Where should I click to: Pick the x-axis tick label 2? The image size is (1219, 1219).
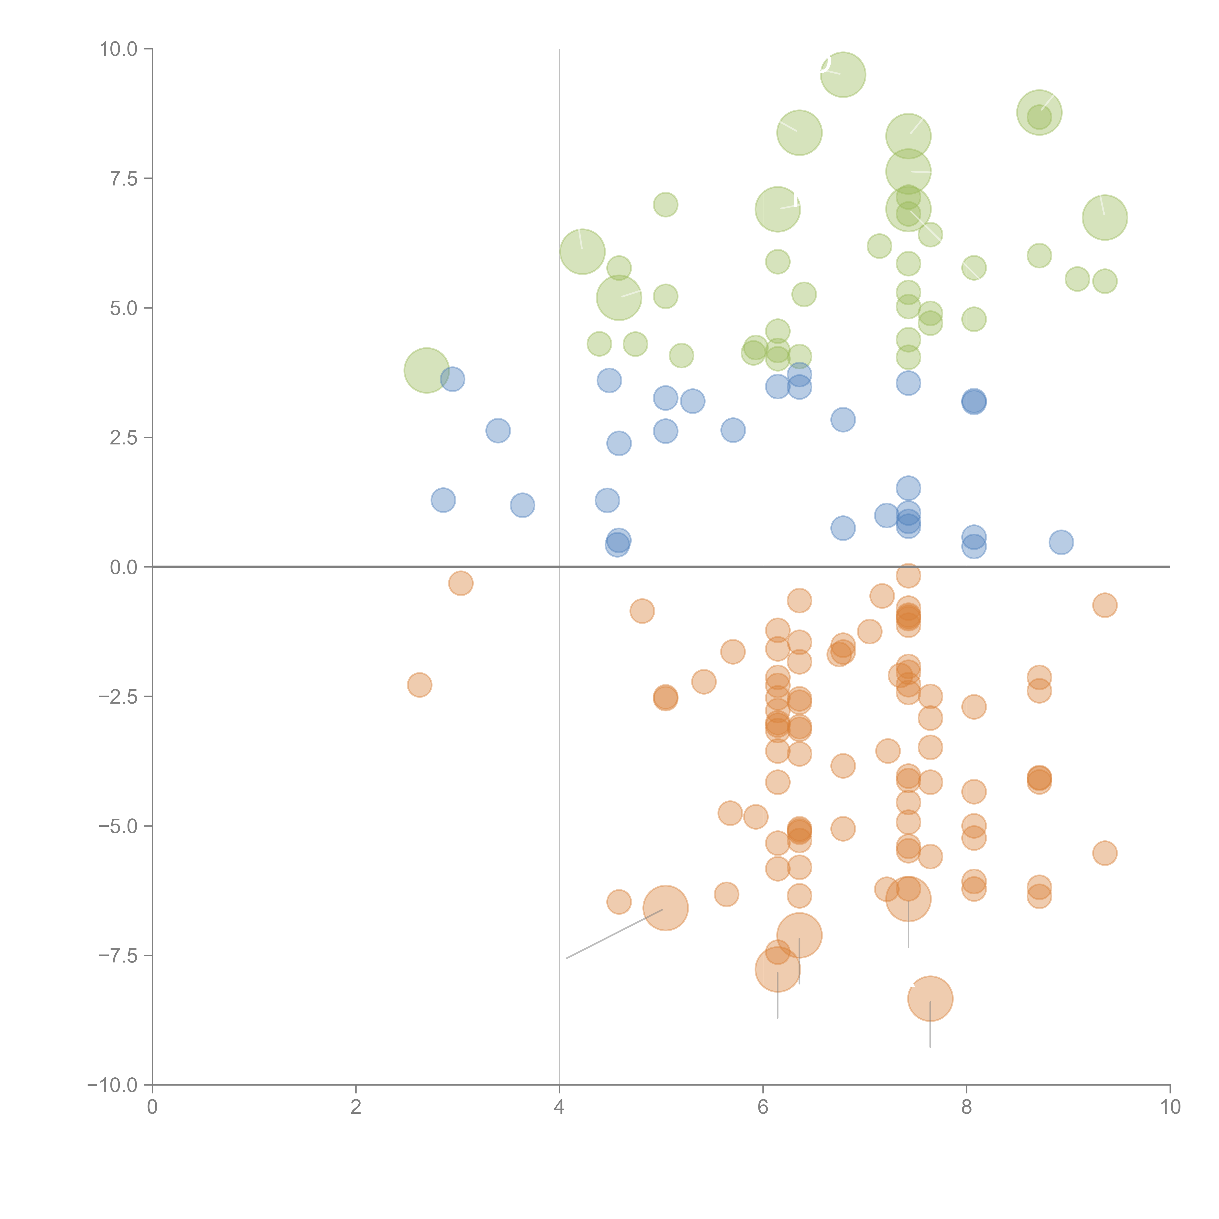click(356, 1107)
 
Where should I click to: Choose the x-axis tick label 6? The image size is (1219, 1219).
click(763, 1107)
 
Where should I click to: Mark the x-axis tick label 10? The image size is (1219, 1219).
click(1170, 1107)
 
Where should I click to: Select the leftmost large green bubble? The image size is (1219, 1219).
click(427, 370)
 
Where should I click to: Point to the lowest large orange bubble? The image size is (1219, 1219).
click(930, 998)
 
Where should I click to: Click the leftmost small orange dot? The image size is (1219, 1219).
click(420, 685)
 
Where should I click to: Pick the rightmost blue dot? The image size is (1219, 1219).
click(1061, 542)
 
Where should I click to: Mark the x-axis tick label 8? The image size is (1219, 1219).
click(967, 1107)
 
